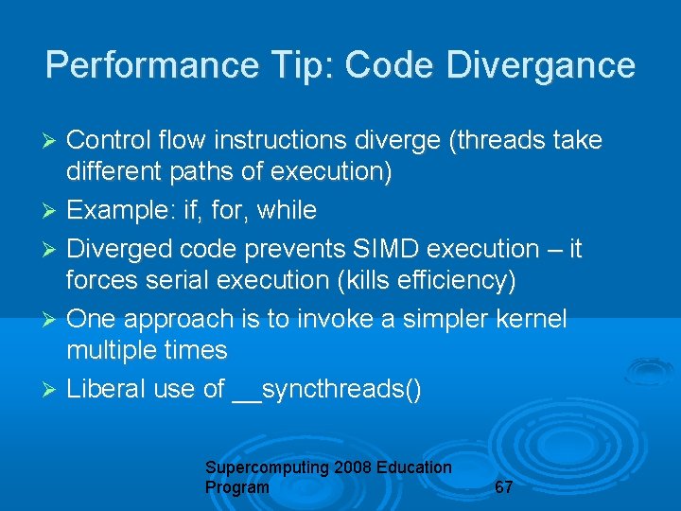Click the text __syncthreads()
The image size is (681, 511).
click(327, 389)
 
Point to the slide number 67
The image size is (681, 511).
click(504, 487)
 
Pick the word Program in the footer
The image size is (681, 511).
click(236, 487)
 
